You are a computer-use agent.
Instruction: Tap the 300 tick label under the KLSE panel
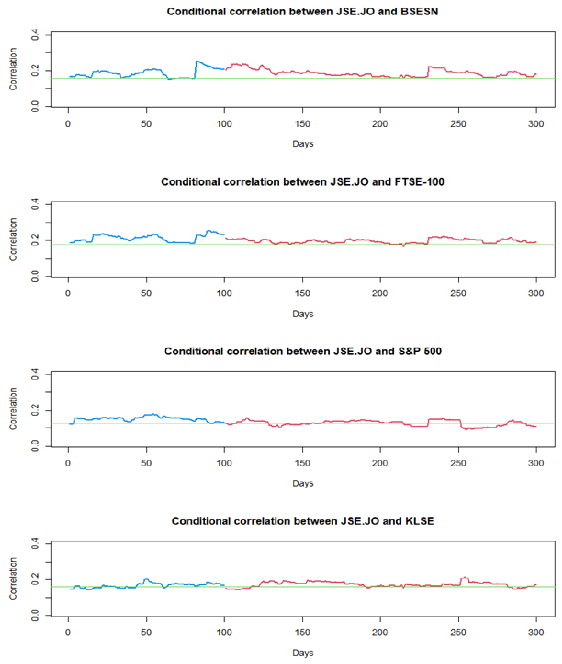(x=536, y=632)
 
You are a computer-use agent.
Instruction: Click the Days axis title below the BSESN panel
(x=303, y=144)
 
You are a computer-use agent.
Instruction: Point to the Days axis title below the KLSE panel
(x=303, y=653)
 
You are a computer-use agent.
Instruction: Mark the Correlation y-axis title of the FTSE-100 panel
(x=13, y=240)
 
